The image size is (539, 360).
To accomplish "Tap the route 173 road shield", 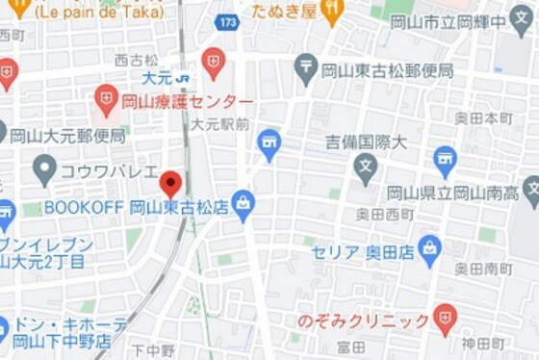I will [227, 20].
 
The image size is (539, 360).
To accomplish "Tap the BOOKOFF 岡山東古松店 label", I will [136, 207].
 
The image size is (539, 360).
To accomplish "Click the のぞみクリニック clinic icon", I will [444, 318].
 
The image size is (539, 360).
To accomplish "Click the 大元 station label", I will [156, 77].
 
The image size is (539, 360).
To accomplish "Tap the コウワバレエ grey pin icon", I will [44, 170].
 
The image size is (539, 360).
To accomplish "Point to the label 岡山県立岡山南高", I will [452, 193].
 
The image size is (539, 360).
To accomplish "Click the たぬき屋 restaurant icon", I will [332, 12].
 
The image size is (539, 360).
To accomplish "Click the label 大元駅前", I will [219, 124].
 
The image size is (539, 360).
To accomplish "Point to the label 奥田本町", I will [484, 118].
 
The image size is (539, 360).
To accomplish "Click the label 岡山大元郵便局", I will [68, 136].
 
